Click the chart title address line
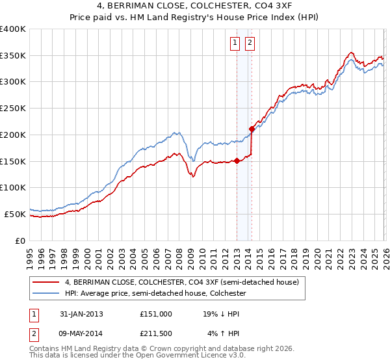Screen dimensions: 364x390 coord(195,6)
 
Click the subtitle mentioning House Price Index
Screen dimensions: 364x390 coord(195,18)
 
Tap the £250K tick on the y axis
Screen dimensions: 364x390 coord(13,109)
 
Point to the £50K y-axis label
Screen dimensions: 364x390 coord(15,214)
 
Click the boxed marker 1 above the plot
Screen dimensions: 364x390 coord(235,44)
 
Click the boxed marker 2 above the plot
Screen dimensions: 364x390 coord(250,44)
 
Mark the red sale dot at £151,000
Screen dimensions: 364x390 coord(237,161)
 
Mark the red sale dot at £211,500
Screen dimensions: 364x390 coord(252,129)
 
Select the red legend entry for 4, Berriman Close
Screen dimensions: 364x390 coord(181,282)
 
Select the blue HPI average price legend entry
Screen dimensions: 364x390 coord(155,294)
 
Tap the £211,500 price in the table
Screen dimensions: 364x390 coord(156,334)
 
